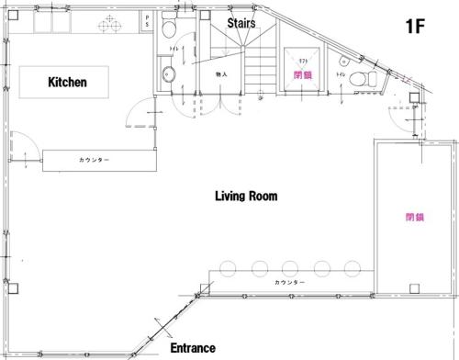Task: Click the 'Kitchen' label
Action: [67, 82]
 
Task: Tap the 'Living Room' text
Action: [245, 196]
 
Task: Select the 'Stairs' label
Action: [241, 23]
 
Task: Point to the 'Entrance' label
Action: [193, 348]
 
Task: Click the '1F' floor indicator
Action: [416, 25]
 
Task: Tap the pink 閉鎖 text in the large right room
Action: [414, 218]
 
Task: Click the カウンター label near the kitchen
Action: [94, 160]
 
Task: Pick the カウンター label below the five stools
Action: [289, 282]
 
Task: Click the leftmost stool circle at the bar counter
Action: [222, 269]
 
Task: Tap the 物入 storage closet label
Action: [221, 73]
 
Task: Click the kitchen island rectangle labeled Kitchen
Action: [66, 82]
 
